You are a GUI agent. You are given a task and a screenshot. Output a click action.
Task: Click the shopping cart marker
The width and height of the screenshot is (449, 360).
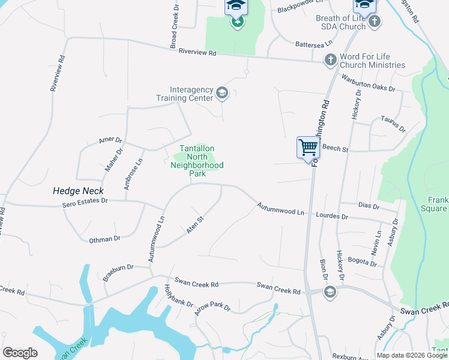tap(308, 147)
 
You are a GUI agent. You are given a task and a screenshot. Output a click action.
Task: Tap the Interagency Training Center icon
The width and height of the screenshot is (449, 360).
tap(222, 92)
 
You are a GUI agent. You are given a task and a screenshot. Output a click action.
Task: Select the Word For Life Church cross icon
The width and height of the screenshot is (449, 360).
tap(330, 59)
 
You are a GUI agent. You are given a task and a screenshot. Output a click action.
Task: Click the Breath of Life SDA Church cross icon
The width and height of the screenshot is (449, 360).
tap(374, 22)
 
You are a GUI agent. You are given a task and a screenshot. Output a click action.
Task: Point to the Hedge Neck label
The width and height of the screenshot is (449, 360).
tap(78, 191)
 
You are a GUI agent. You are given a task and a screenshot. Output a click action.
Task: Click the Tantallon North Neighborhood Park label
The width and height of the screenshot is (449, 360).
tap(197, 161)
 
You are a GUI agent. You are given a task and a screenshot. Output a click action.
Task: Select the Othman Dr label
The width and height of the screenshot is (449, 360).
tap(104, 239)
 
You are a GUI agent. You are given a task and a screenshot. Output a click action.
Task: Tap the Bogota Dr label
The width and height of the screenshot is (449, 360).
tap(362, 263)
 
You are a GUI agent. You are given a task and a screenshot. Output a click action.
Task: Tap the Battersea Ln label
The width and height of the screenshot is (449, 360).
tap(314, 44)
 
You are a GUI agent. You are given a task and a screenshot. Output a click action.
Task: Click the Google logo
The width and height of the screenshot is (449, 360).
tap(20, 353)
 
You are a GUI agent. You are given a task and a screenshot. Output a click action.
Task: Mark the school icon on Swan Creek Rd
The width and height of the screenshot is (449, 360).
tap(329, 292)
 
